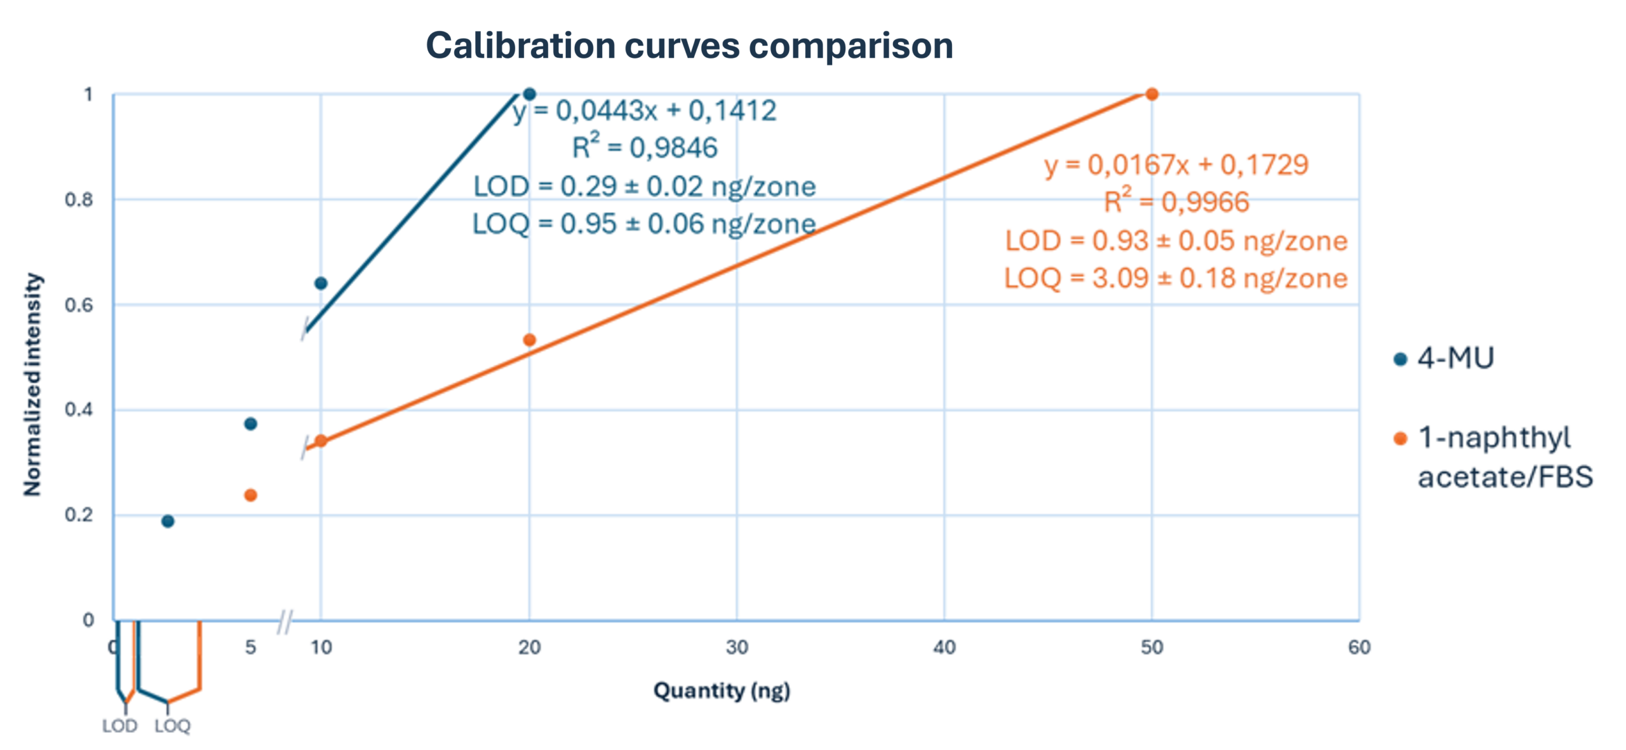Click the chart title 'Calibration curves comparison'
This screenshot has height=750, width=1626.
click(x=689, y=46)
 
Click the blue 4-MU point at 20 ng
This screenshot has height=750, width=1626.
click(x=529, y=95)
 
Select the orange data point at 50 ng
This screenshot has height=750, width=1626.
click(x=1152, y=94)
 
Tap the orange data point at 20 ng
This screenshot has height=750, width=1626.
click(x=529, y=340)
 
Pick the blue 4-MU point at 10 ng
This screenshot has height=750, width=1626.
click(x=321, y=283)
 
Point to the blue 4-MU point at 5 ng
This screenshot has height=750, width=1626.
click(x=250, y=424)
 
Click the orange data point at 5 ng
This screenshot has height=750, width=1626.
click(x=250, y=495)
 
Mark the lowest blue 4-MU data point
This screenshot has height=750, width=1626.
click(x=168, y=521)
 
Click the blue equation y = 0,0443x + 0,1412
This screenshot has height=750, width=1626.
click(x=645, y=111)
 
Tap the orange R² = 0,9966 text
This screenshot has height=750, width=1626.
click(x=1176, y=203)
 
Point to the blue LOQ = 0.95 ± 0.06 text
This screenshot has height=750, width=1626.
click(x=643, y=224)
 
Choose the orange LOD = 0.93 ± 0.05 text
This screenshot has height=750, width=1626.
click(x=1176, y=241)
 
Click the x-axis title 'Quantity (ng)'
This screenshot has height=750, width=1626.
click(x=722, y=690)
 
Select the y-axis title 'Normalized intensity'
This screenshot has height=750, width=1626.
click(x=32, y=384)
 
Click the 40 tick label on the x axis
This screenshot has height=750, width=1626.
click(x=944, y=647)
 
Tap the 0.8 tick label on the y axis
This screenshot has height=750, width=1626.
click(x=78, y=200)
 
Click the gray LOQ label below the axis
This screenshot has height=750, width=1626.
click(x=172, y=726)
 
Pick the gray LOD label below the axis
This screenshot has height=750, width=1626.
click(x=119, y=726)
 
